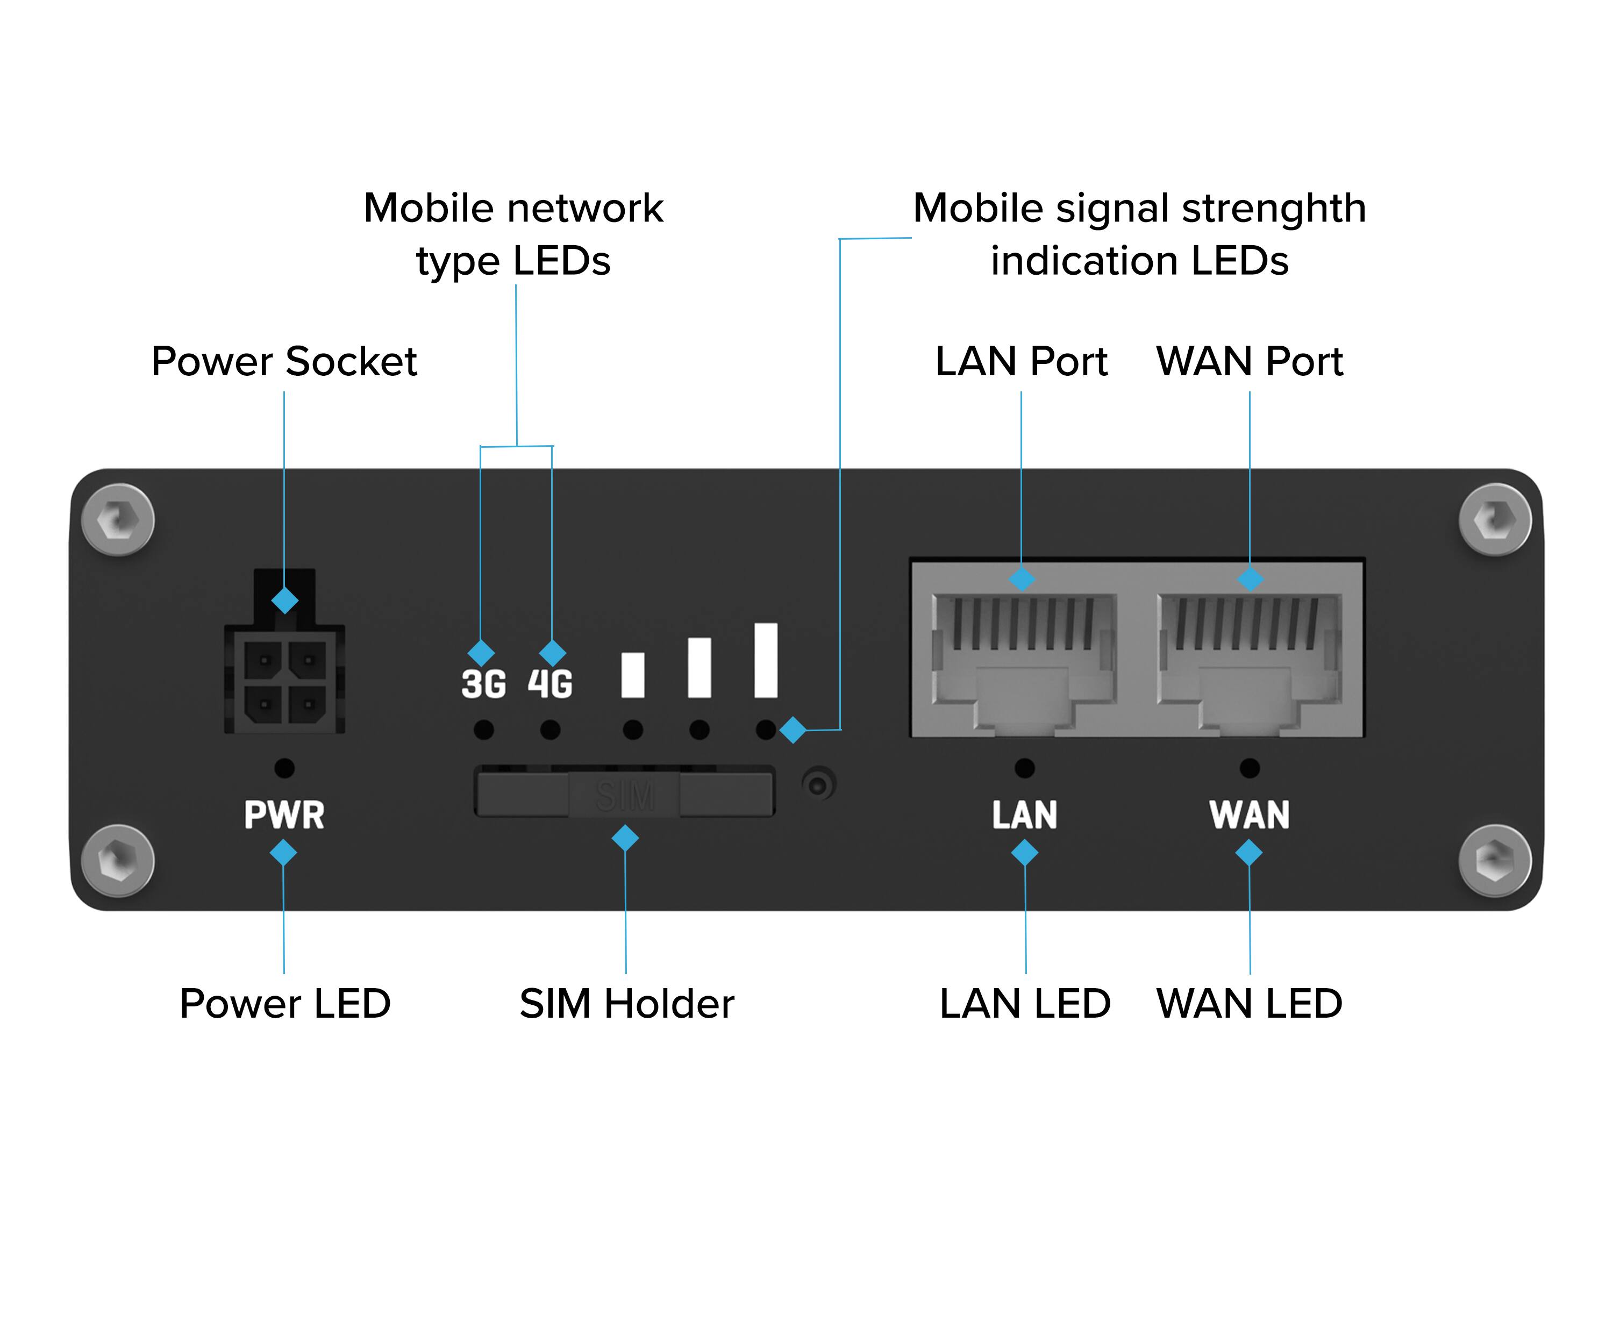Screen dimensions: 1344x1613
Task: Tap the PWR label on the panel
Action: click(284, 815)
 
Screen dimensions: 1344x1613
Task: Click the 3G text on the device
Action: click(483, 683)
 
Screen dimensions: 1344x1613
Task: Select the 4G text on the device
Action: click(550, 683)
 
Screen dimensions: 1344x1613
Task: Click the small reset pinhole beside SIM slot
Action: click(819, 785)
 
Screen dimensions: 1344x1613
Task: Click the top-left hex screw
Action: click(118, 520)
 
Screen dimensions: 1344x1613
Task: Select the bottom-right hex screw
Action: click(1495, 860)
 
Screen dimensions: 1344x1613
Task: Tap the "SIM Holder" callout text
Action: click(627, 1003)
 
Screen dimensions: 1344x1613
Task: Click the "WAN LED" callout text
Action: click(1250, 1003)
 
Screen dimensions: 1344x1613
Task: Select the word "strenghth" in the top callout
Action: click(1274, 209)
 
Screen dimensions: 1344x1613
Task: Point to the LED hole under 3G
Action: click(483, 730)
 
